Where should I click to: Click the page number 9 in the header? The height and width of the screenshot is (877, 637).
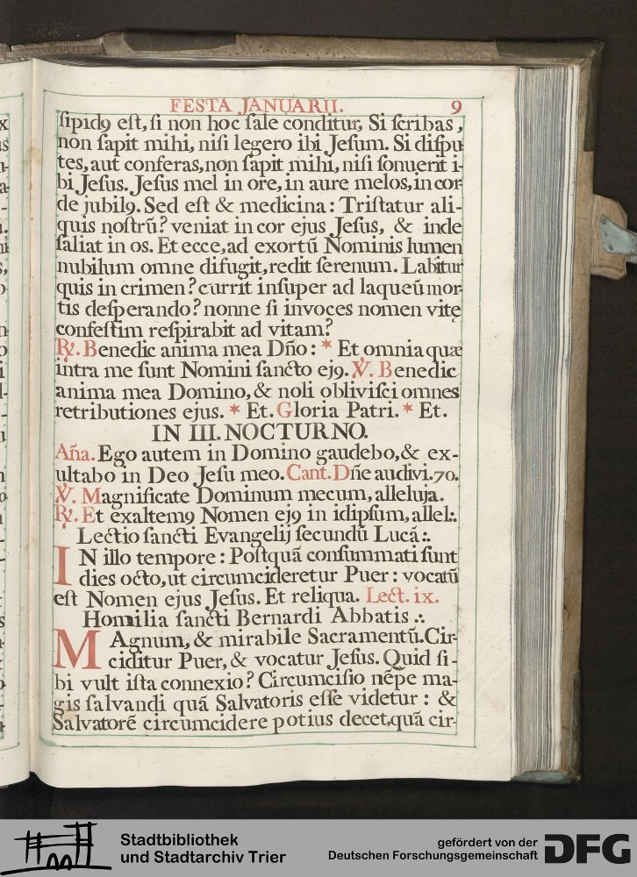pyautogui.click(x=456, y=106)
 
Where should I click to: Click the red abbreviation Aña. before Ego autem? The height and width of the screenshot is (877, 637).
pyautogui.click(x=73, y=454)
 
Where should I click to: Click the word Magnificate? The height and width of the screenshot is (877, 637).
pyautogui.click(x=134, y=495)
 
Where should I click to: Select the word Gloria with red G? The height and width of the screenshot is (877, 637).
pyautogui.click(x=306, y=410)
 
